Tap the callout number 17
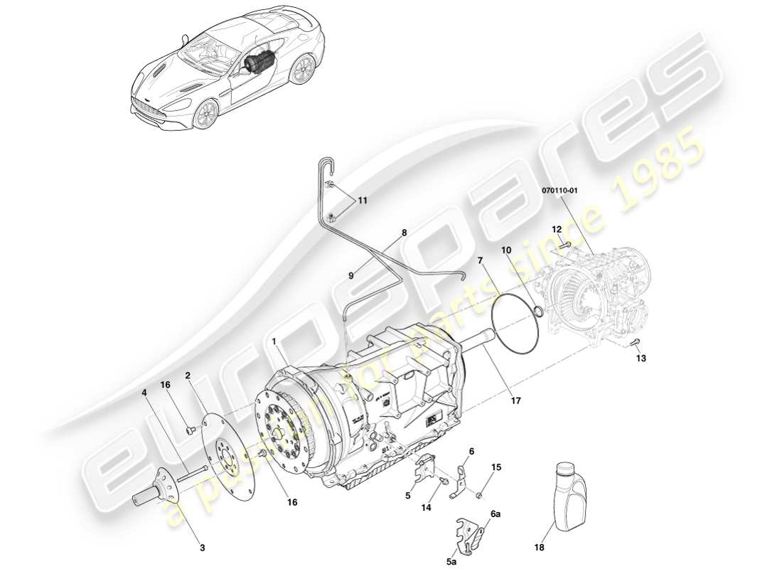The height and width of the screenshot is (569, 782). [x=515, y=401]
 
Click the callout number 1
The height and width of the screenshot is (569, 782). [x=274, y=341]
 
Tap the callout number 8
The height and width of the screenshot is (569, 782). [x=404, y=233]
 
